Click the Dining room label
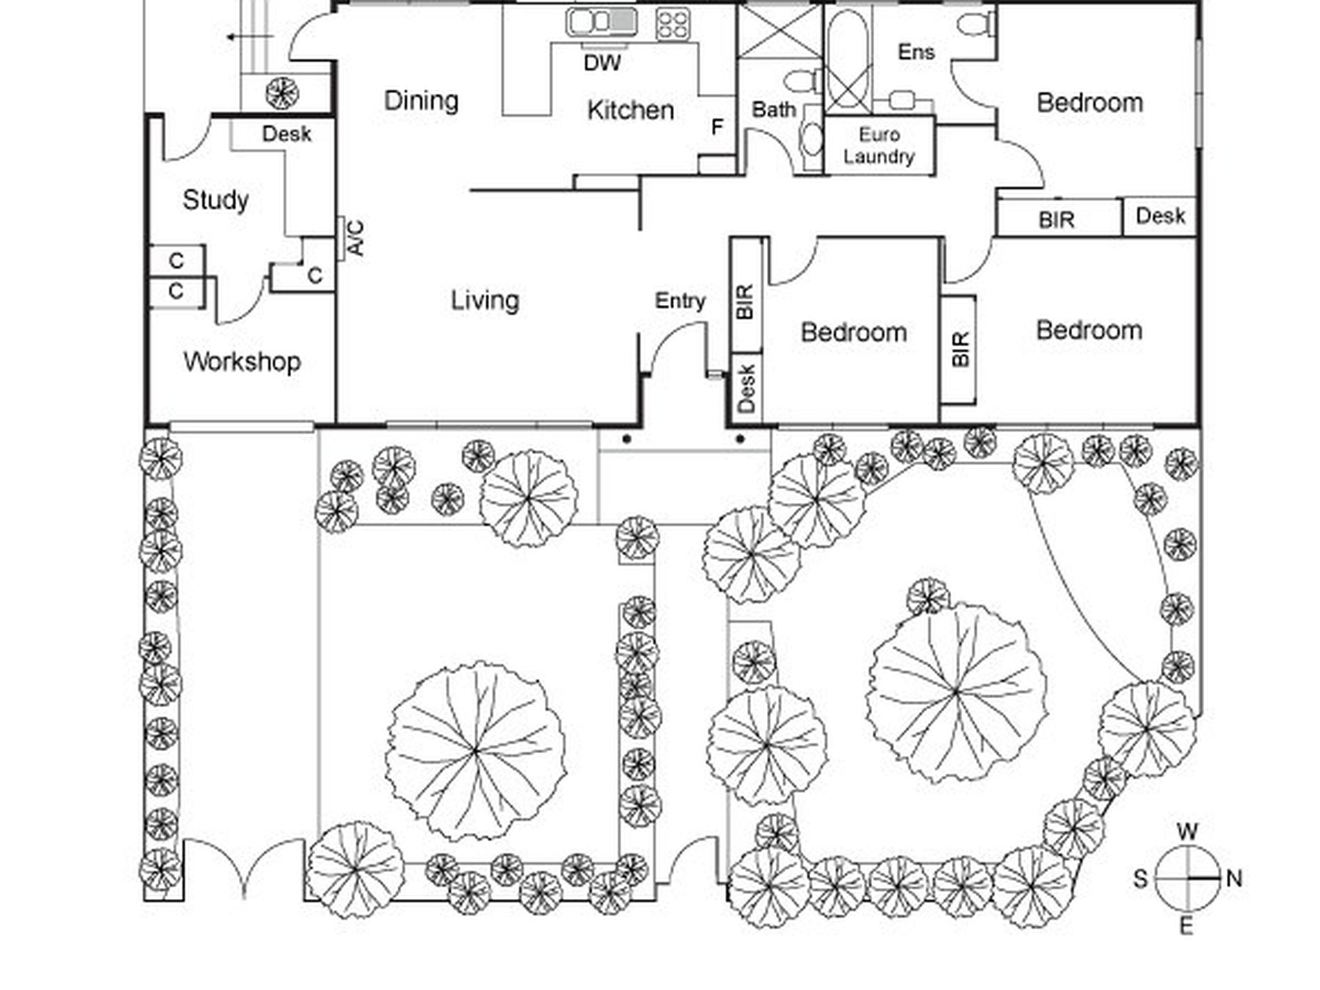click(421, 101)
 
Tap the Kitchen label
click(630, 110)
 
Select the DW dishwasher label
click(602, 63)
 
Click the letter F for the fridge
click(717, 127)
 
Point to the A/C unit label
click(356, 238)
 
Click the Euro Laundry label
click(879, 145)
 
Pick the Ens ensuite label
click(916, 52)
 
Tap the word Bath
click(773, 110)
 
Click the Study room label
click(215, 200)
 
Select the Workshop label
click(242, 361)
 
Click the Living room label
click(485, 301)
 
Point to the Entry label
click(680, 302)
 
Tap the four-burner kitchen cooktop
click(673, 23)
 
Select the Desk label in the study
click(286, 134)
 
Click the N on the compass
click(1234, 879)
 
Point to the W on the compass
click(1188, 832)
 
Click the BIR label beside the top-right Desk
click(1056, 220)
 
